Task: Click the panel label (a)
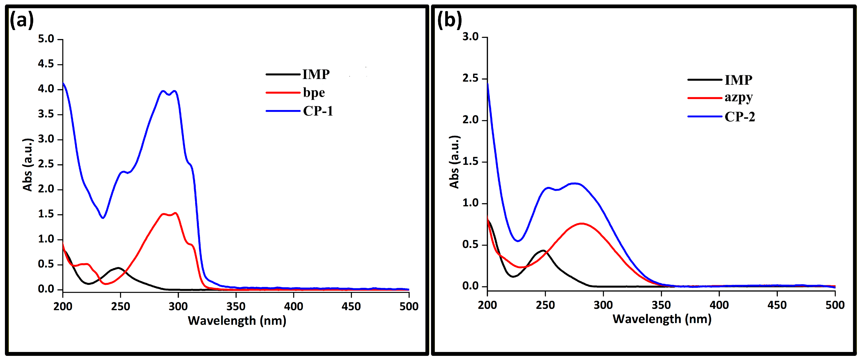[22, 20]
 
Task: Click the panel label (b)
[450, 20]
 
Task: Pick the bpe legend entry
[314, 93]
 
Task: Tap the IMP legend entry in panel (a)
[316, 74]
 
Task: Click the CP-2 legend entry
[740, 117]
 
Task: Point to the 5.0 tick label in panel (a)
[46, 39]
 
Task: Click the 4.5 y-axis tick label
[46, 64]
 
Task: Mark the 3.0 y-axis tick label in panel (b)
[470, 37]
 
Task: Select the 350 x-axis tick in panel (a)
[236, 306]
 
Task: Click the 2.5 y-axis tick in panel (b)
[470, 78]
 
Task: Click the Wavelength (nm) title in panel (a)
[237, 321]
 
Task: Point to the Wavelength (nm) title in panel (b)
[662, 319]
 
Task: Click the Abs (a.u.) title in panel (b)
[454, 162]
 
